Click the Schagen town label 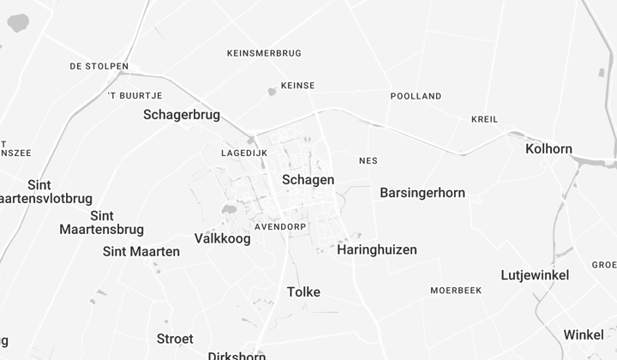(308, 180)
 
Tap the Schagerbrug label (182, 115)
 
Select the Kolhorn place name (548, 149)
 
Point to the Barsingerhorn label (422, 193)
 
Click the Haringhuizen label (377, 250)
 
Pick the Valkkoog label (223, 239)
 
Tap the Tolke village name (303, 292)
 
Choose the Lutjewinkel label (535, 275)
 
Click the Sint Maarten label (141, 252)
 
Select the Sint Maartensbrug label (102, 223)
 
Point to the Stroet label (175, 339)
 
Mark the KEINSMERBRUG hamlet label (264, 53)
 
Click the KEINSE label (297, 86)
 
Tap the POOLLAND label (416, 97)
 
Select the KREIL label (484, 119)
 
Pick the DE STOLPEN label (99, 66)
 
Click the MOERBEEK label (456, 291)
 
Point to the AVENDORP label (280, 226)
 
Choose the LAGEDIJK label (244, 153)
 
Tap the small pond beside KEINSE (272, 91)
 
